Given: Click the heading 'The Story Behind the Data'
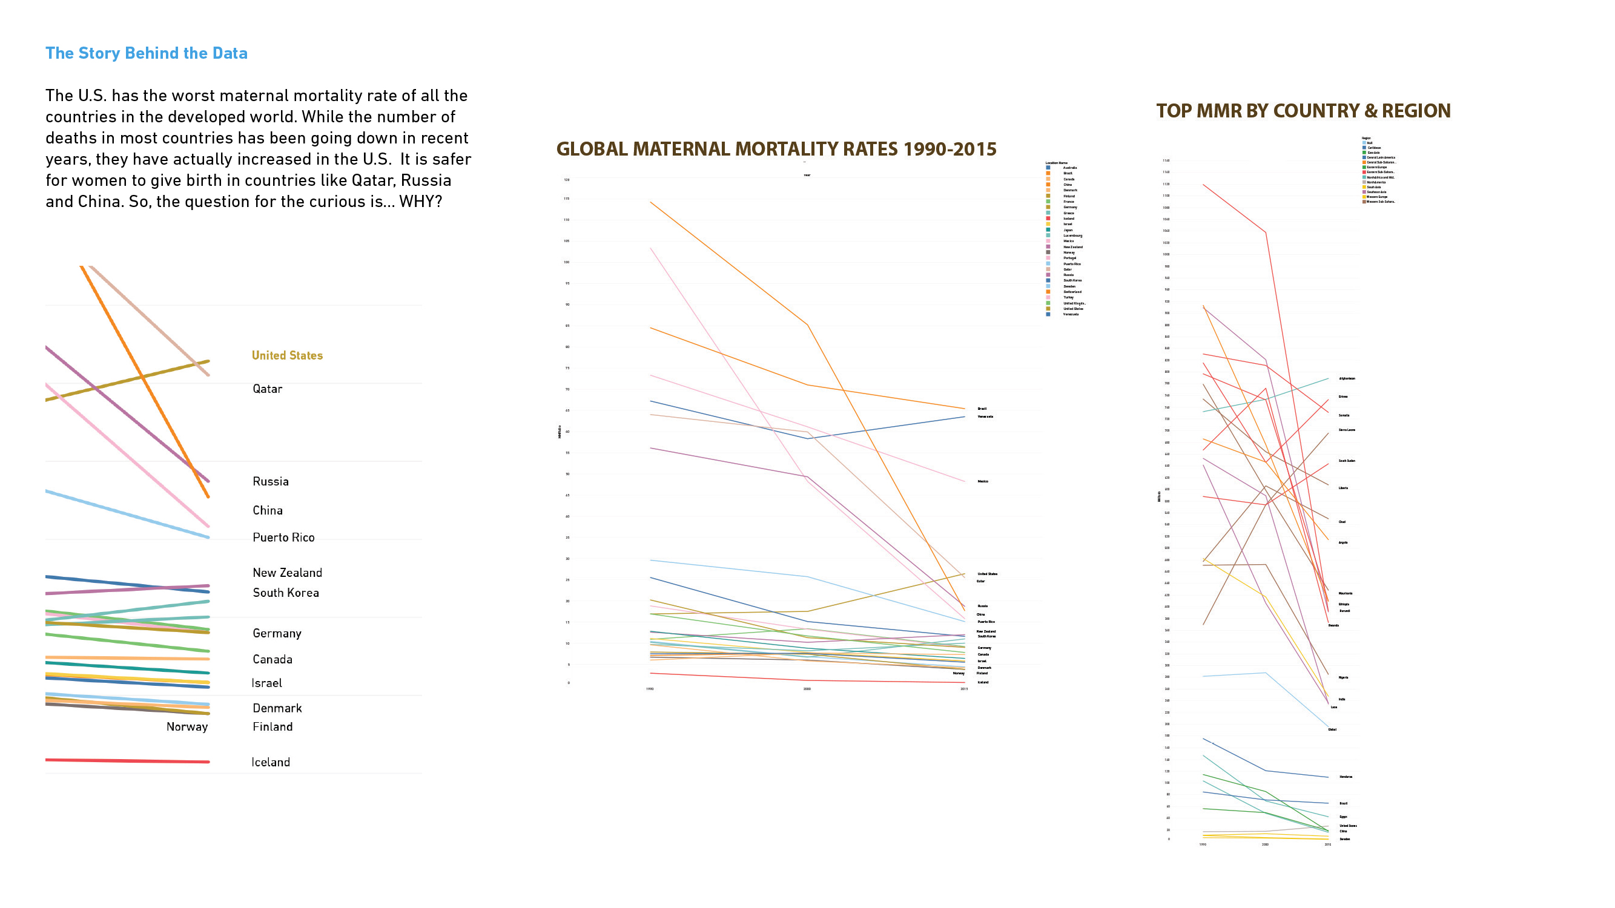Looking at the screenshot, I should pyautogui.click(x=146, y=53).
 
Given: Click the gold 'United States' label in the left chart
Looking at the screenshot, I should pyautogui.click(x=287, y=355).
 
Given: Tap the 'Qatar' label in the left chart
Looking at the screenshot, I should pyautogui.click(x=267, y=389).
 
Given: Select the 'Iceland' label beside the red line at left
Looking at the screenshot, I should pyautogui.click(x=270, y=762).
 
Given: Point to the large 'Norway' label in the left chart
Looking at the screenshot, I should pyautogui.click(x=187, y=726).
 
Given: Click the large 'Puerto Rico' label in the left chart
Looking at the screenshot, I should pyautogui.click(x=283, y=537).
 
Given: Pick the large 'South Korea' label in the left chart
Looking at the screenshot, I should pyautogui.click(x=285, y=592).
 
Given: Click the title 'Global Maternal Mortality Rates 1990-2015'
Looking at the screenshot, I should pyautogui.click(x=776, y=149).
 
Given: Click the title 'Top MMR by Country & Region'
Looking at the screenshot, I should pyautogui.click(x=1303, y=111).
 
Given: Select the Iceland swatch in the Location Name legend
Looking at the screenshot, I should pyautogui.click(x=1048, y=219).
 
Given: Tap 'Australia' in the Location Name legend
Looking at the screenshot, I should pyautogui.click(x=1069, y=167).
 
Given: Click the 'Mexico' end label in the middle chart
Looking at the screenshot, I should pyautogui.click(x=982, y=481).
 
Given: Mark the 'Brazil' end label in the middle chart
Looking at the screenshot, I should pyautogui.click(x=982, y=409).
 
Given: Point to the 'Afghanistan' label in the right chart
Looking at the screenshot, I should pyautogui.click(x=1347, y=378).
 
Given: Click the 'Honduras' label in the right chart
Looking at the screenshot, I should pyautogui.click(x=1346, y=777).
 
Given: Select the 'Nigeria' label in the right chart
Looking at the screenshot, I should pyautogui.click(x=1343, y=677).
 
